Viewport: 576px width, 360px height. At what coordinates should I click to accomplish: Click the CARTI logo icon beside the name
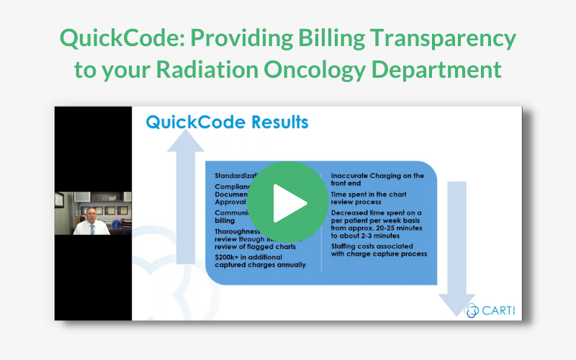(x=472, y=310)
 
